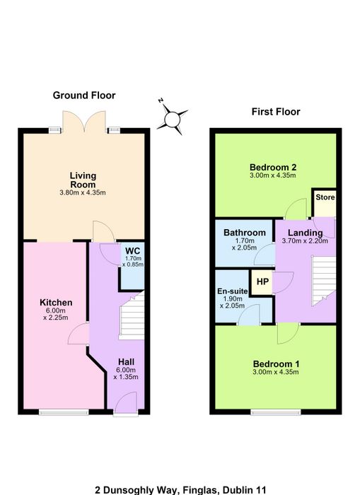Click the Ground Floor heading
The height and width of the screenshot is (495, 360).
pyautogui.click(x=84, y=95)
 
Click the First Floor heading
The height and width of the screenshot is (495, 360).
pyautogui.click(x=276, y=112)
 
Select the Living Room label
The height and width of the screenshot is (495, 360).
pyautogui.click(x=83, y=180)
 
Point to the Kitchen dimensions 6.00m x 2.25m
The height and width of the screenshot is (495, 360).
pyautogui.click(x=56, y=314)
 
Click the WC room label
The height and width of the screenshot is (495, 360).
pyautogui.click(x=133, y=251)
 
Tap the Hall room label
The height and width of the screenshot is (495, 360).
pyautogui.click(x=126, y=362)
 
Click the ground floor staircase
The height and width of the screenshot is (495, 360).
pyautogui.click(x=132, y=315)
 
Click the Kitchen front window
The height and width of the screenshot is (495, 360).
pyautogui.click(x=64, y=412)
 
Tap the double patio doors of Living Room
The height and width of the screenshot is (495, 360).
pyautogui.click(x=84, y=122)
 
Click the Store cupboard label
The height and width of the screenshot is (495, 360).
pyautogui.click(x=325, y=197)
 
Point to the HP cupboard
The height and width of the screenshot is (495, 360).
pyautogui.click(x=262, y=282)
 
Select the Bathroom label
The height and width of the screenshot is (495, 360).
pyautogui.click(x=245, y=233)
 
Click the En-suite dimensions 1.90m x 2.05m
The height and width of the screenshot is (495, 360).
pyautogui.click(x=233, y=302)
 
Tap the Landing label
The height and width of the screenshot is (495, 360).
pyautogui.click(x=306, y=233)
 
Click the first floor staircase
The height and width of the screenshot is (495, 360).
pyautogui.click(x=324, y=281)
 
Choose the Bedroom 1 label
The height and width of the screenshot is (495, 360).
pyautogui.click(x=276, y=364)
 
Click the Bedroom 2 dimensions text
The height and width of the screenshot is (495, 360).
pyautogui.click(x=273, y=175)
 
